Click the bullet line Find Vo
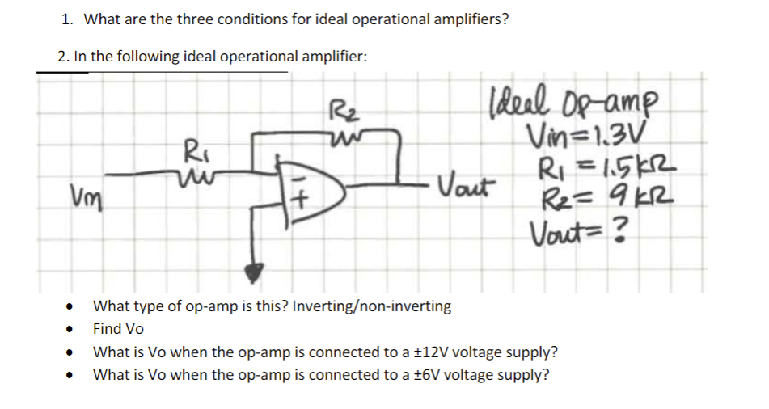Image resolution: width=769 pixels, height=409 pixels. pyautogui.click(x=118, y=329)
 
